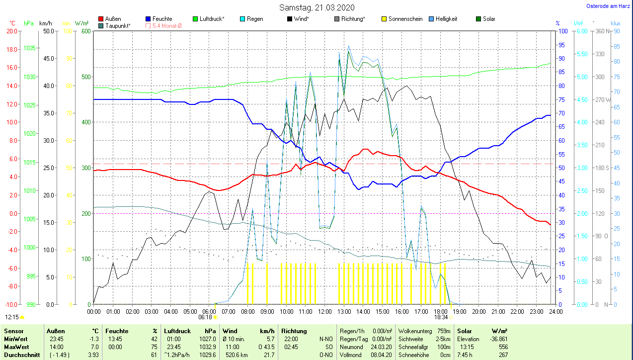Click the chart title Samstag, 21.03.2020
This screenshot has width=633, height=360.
[x=316, y=7]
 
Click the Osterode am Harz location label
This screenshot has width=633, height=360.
[x=609, y=6]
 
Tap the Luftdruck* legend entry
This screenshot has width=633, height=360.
[x=212, y=19]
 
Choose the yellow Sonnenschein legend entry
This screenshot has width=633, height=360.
[x=405, y=19]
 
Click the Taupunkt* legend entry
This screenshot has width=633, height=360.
[x=118, y=25]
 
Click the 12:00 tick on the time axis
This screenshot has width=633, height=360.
[x=324, y=312]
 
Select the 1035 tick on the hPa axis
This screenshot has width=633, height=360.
[x=29, y=48]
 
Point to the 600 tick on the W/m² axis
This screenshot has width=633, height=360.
[x=85, y=31]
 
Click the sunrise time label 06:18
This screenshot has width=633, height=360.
[x=205, y=317]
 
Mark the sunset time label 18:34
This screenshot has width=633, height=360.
[x=441, y=317]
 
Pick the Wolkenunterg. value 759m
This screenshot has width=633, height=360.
[x=443, y=331]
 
